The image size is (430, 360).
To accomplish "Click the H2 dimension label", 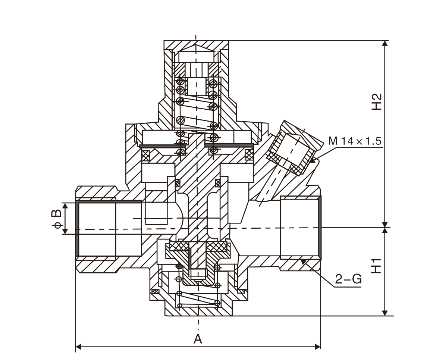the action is click(377, 102).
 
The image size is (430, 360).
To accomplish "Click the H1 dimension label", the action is click(377, 266).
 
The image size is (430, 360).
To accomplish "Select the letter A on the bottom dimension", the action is click(198, 339).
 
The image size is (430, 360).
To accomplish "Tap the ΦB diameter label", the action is click(56, 219).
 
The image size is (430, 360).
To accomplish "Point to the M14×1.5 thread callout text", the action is click(355, 141).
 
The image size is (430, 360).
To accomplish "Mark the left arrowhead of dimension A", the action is click(79, 347).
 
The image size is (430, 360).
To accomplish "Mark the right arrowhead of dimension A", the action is click(317, 347).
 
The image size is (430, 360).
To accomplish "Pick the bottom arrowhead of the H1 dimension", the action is click(385, 312).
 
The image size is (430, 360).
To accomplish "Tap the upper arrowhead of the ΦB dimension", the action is click(65, 206).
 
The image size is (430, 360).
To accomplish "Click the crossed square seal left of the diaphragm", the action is click(145, 156).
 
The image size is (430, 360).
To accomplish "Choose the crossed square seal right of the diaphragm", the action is click(249, 155).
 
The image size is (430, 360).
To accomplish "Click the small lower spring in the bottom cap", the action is click(198, 299).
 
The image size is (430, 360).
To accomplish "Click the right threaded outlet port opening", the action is click(300, 227).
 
